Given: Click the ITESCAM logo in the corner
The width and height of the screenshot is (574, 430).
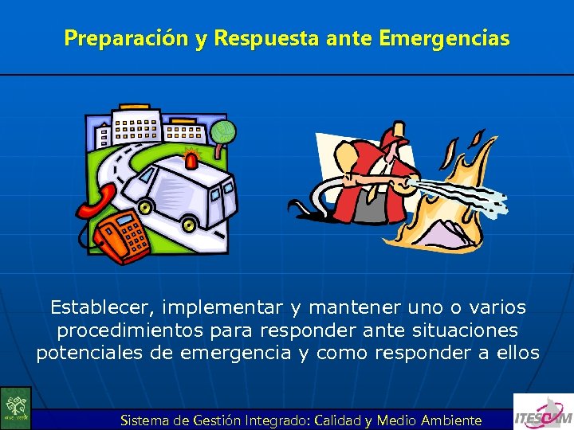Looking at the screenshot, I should pos(543,412).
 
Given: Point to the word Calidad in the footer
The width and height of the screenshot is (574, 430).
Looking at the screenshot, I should pos(339,420).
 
